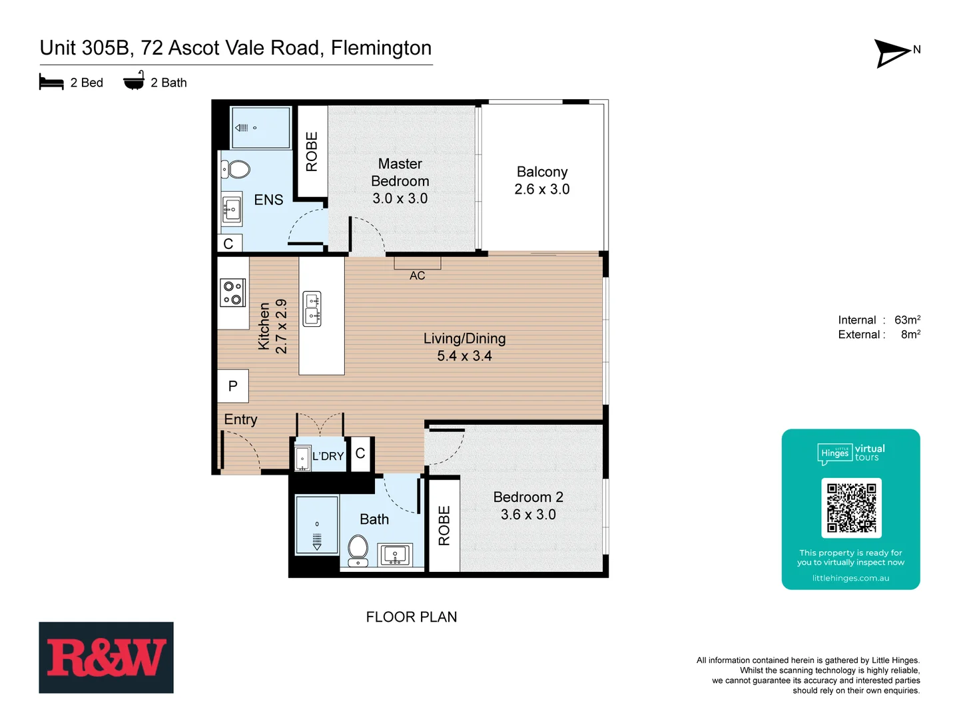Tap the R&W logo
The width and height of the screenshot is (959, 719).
tap(106, 657)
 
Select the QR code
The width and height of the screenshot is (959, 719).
tap(851, 507)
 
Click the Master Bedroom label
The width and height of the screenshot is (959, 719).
tap(400, 181)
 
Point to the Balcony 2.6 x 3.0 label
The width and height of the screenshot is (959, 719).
tap(542, 180)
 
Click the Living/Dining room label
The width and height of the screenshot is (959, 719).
tap(464, 347)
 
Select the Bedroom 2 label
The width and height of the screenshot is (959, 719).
tap(528, 505)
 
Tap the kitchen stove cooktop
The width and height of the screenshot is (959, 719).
tap(233, 293)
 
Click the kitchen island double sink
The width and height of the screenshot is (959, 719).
tap(312, 309)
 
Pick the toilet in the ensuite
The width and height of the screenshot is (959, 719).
tap(236, 169)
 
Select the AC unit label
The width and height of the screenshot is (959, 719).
tap(417, 276)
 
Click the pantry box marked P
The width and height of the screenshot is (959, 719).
tap(232, 386)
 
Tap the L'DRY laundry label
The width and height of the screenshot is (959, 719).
tap(328, 456)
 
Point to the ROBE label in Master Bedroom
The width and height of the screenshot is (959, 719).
tap(312, 152)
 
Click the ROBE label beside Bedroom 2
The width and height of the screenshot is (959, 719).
tap(444, 525)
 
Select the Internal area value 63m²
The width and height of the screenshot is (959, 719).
tap(907, 320)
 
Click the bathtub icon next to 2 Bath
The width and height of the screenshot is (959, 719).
tap(134, 81)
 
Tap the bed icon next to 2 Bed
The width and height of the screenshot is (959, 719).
tap(51, 82)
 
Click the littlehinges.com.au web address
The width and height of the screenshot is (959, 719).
tap(850, 578)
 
